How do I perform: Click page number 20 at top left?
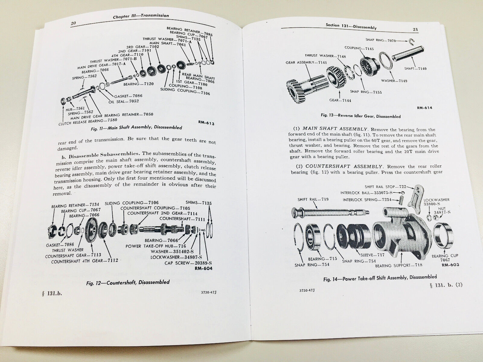[73, 23]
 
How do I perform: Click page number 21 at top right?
[415, 30]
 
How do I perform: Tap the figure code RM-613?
[206, 123]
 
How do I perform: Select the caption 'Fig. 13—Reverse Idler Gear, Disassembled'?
[361, 116]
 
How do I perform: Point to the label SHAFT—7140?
[415, 68]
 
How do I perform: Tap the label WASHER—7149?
[394, 81]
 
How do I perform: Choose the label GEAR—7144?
[340, 100]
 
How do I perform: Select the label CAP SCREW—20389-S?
[188, 263]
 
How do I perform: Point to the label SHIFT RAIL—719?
[313, 199]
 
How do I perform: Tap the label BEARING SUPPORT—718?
[399, 265]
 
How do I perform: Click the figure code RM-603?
[450, 265]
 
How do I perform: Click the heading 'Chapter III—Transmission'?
[141, 16]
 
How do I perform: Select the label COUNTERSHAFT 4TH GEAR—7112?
[85, 261]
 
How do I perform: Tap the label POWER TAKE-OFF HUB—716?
[156, 246]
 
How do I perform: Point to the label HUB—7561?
[75, 109]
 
